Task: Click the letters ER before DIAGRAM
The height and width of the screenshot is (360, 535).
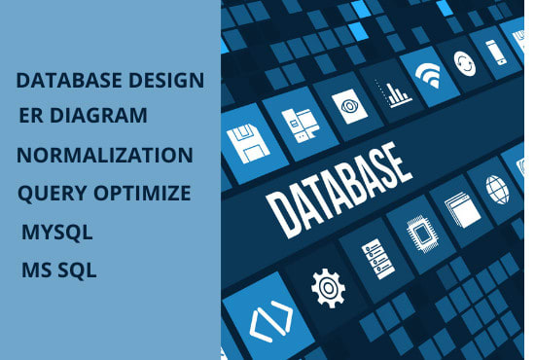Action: coord(30,116)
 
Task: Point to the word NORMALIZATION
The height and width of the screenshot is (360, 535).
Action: coord(105,156)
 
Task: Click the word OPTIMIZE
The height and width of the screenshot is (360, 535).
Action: coord(143,193)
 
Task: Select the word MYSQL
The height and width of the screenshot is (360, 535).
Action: coord(56,234)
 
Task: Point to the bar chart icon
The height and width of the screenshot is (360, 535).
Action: coord(396,93)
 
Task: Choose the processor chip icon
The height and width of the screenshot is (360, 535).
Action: coord(418,234)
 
